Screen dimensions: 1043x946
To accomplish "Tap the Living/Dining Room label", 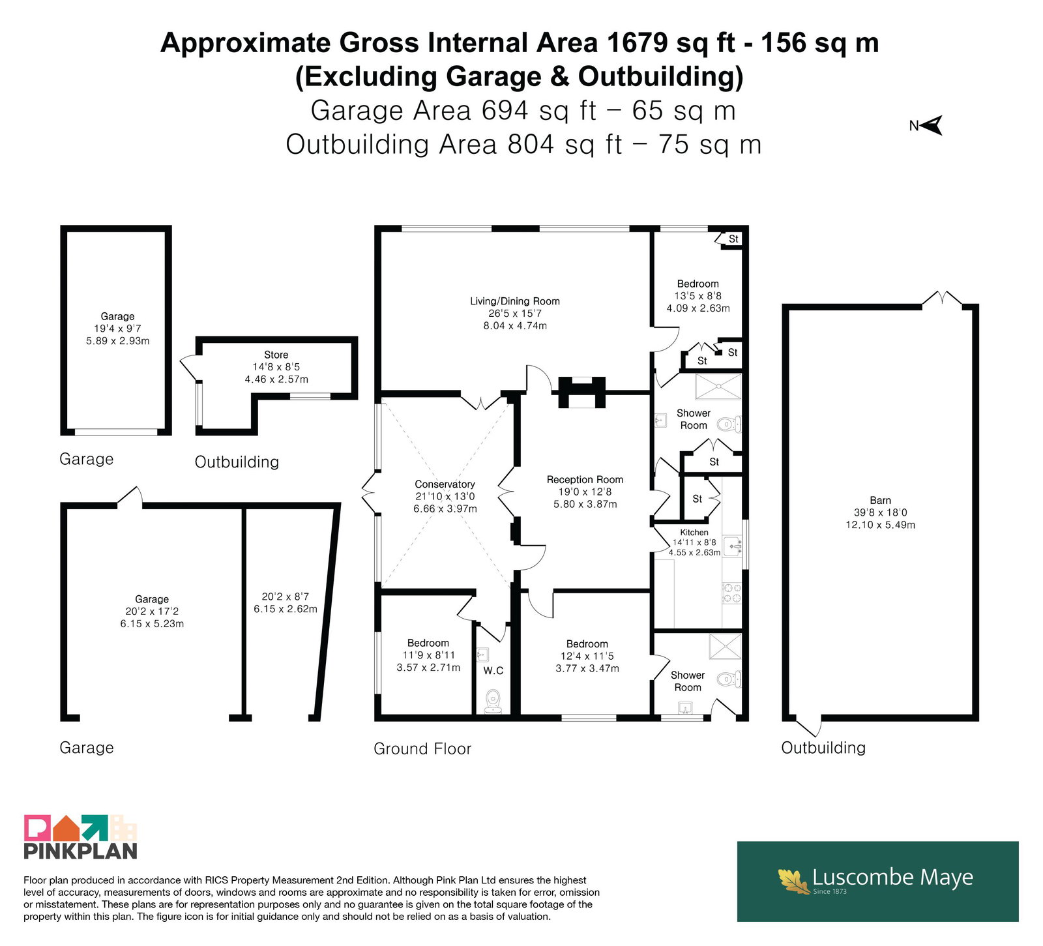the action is click(515, 301).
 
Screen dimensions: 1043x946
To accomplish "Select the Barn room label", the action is click(880, 501).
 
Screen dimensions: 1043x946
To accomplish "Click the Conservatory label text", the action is click(445, 484).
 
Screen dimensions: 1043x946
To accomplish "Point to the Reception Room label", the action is click(585, 480).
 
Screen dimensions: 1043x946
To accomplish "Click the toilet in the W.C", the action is click(493, 700).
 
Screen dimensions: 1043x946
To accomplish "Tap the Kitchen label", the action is click(694, 533).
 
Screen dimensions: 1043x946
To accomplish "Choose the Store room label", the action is click(276, 355).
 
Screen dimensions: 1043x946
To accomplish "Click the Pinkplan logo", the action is click(80, 836).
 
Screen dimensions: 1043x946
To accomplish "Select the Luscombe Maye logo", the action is click(877, 881).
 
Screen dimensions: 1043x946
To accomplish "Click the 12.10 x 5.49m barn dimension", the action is click(880, 525).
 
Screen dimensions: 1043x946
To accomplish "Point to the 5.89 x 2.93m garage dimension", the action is click(117, 341).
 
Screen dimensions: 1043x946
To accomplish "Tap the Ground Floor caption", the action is click(422, 748).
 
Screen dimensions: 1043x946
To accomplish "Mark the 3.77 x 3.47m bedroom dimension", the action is click(587, 668).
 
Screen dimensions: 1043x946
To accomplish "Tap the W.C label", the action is click(493, 671).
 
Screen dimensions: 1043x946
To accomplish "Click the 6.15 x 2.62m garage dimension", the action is click(286, 609).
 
